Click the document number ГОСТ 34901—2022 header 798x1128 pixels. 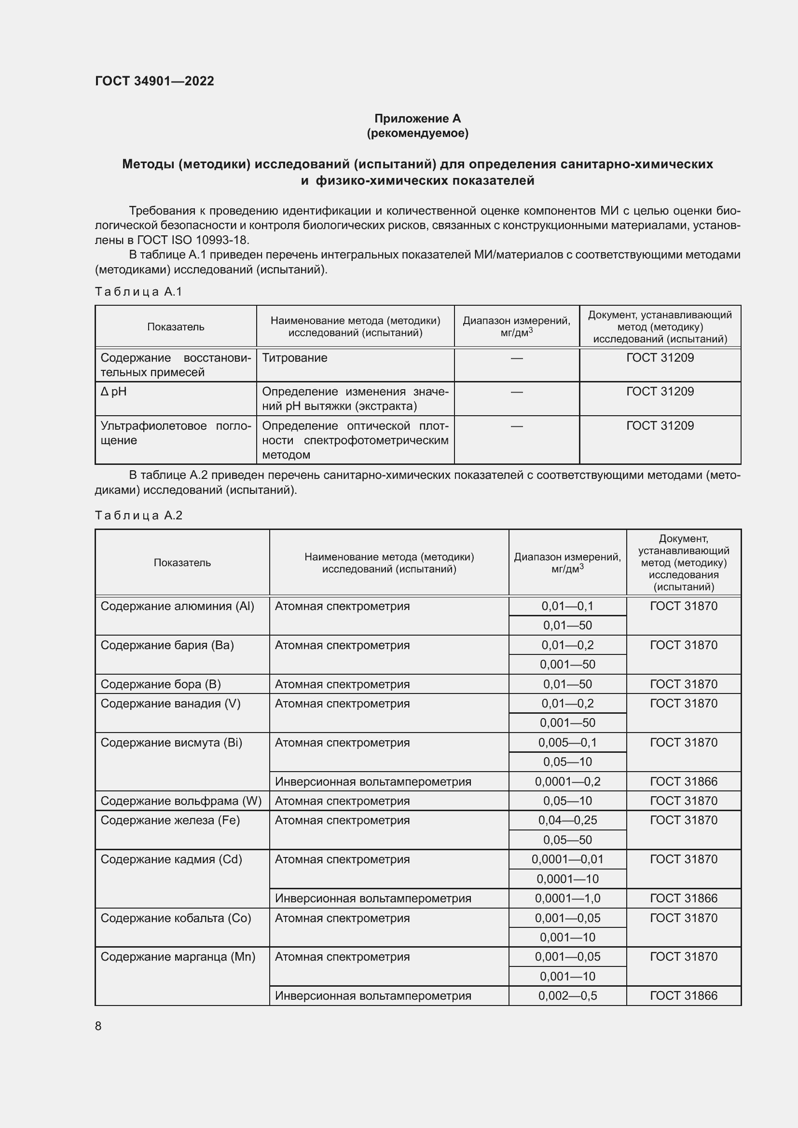[x=154, y=81]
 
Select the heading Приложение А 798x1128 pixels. [x=417, y=119]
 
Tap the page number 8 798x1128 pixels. [x=98, y=1026]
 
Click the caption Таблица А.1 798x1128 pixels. [x=138, y=292]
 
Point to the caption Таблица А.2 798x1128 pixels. [x=138, y=516]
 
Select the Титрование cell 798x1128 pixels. [x=294, y=358]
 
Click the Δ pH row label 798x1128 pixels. [x=113, y=392]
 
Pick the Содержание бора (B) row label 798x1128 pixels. [x=161, y=684]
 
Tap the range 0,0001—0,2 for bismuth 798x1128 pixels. [x=567, y=781]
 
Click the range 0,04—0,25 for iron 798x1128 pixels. [x=567, y=820]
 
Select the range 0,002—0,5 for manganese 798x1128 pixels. [x=567, y=995]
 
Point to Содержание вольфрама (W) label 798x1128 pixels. [x=181, y=801]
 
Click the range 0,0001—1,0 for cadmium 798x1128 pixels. [x=567, y=898]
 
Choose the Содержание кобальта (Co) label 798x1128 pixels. [x=176, y=918]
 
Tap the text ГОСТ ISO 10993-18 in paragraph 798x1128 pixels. [x=193, y=240]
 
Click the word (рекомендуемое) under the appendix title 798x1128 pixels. [x=417, y=133]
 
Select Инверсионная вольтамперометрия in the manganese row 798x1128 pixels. [x=372, y=995]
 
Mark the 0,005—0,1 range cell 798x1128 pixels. [x=567, y=742]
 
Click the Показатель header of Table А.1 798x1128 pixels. [x=176, y=326]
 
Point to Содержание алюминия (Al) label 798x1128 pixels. [x=177, y=606]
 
